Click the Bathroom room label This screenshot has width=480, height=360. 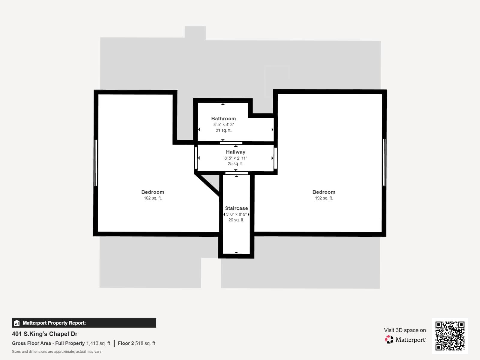[223, 118]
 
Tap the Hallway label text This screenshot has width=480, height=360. [235, 152]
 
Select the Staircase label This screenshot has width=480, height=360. [236, 208]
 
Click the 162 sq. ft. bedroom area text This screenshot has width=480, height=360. [153, 198]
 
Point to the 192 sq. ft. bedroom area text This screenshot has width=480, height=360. [324, 198]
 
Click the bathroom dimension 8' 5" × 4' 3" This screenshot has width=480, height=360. [223, 124]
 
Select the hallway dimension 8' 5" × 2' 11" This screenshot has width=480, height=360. [235, 158]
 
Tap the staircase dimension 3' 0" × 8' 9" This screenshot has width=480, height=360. [236, 214]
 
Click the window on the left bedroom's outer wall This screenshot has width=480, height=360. [96, 163]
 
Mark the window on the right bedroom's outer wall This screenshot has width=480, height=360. [384, 162]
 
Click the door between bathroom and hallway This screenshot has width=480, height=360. [231, 143]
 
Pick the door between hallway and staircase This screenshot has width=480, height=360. [237, 173]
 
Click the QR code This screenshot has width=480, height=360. [450, 336]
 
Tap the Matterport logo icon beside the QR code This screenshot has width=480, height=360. [389, 339]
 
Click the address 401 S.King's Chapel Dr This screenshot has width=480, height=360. [45, 334]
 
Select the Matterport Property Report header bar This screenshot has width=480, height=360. [84, 323]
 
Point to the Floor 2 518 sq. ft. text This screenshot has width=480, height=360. [137, 343]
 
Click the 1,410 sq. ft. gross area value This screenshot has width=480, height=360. [99, 343]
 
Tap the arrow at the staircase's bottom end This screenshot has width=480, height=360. [236, 253]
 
